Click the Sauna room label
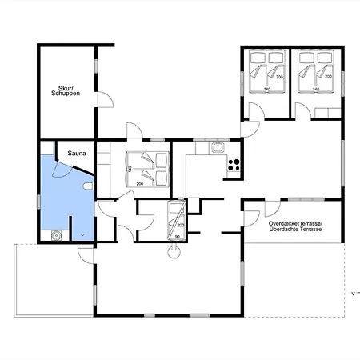click(77, 154)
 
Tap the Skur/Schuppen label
click(66, 90)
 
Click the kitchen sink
click(218, 147)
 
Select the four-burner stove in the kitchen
click(234, 164)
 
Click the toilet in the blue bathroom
click(89, 186)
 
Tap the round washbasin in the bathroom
click(56, 235)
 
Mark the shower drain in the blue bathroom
click(82, 235)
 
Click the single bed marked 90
click(176, 220)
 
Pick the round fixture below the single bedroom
click(174, 252)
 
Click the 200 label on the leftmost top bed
click(279, 77)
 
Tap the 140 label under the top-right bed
click(316, 89)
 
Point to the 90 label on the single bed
click(177, 237)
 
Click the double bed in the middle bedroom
click(147, 169)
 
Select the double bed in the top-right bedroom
click(316, 71)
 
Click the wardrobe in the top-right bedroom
click(328, 113)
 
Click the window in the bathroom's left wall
click(38, 202)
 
